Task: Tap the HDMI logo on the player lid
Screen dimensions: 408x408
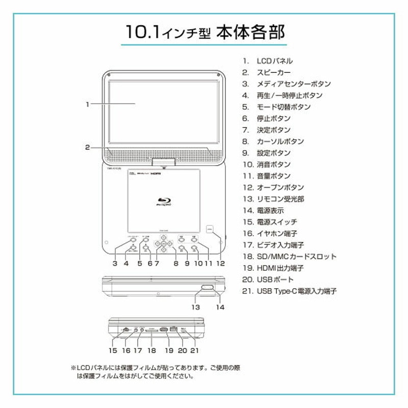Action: click(162, 174)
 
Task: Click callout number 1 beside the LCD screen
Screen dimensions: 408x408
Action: click(88, 104)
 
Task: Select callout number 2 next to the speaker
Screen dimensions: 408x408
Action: click(88, 148)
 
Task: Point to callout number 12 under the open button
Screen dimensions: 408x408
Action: click(220, 264)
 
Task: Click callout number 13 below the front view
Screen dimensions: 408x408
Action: click(196, 308)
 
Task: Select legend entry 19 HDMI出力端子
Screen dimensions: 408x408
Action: click(280, 268)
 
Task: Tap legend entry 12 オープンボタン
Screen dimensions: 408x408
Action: click(280, 188)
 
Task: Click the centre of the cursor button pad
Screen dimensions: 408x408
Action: click(163, 244)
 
